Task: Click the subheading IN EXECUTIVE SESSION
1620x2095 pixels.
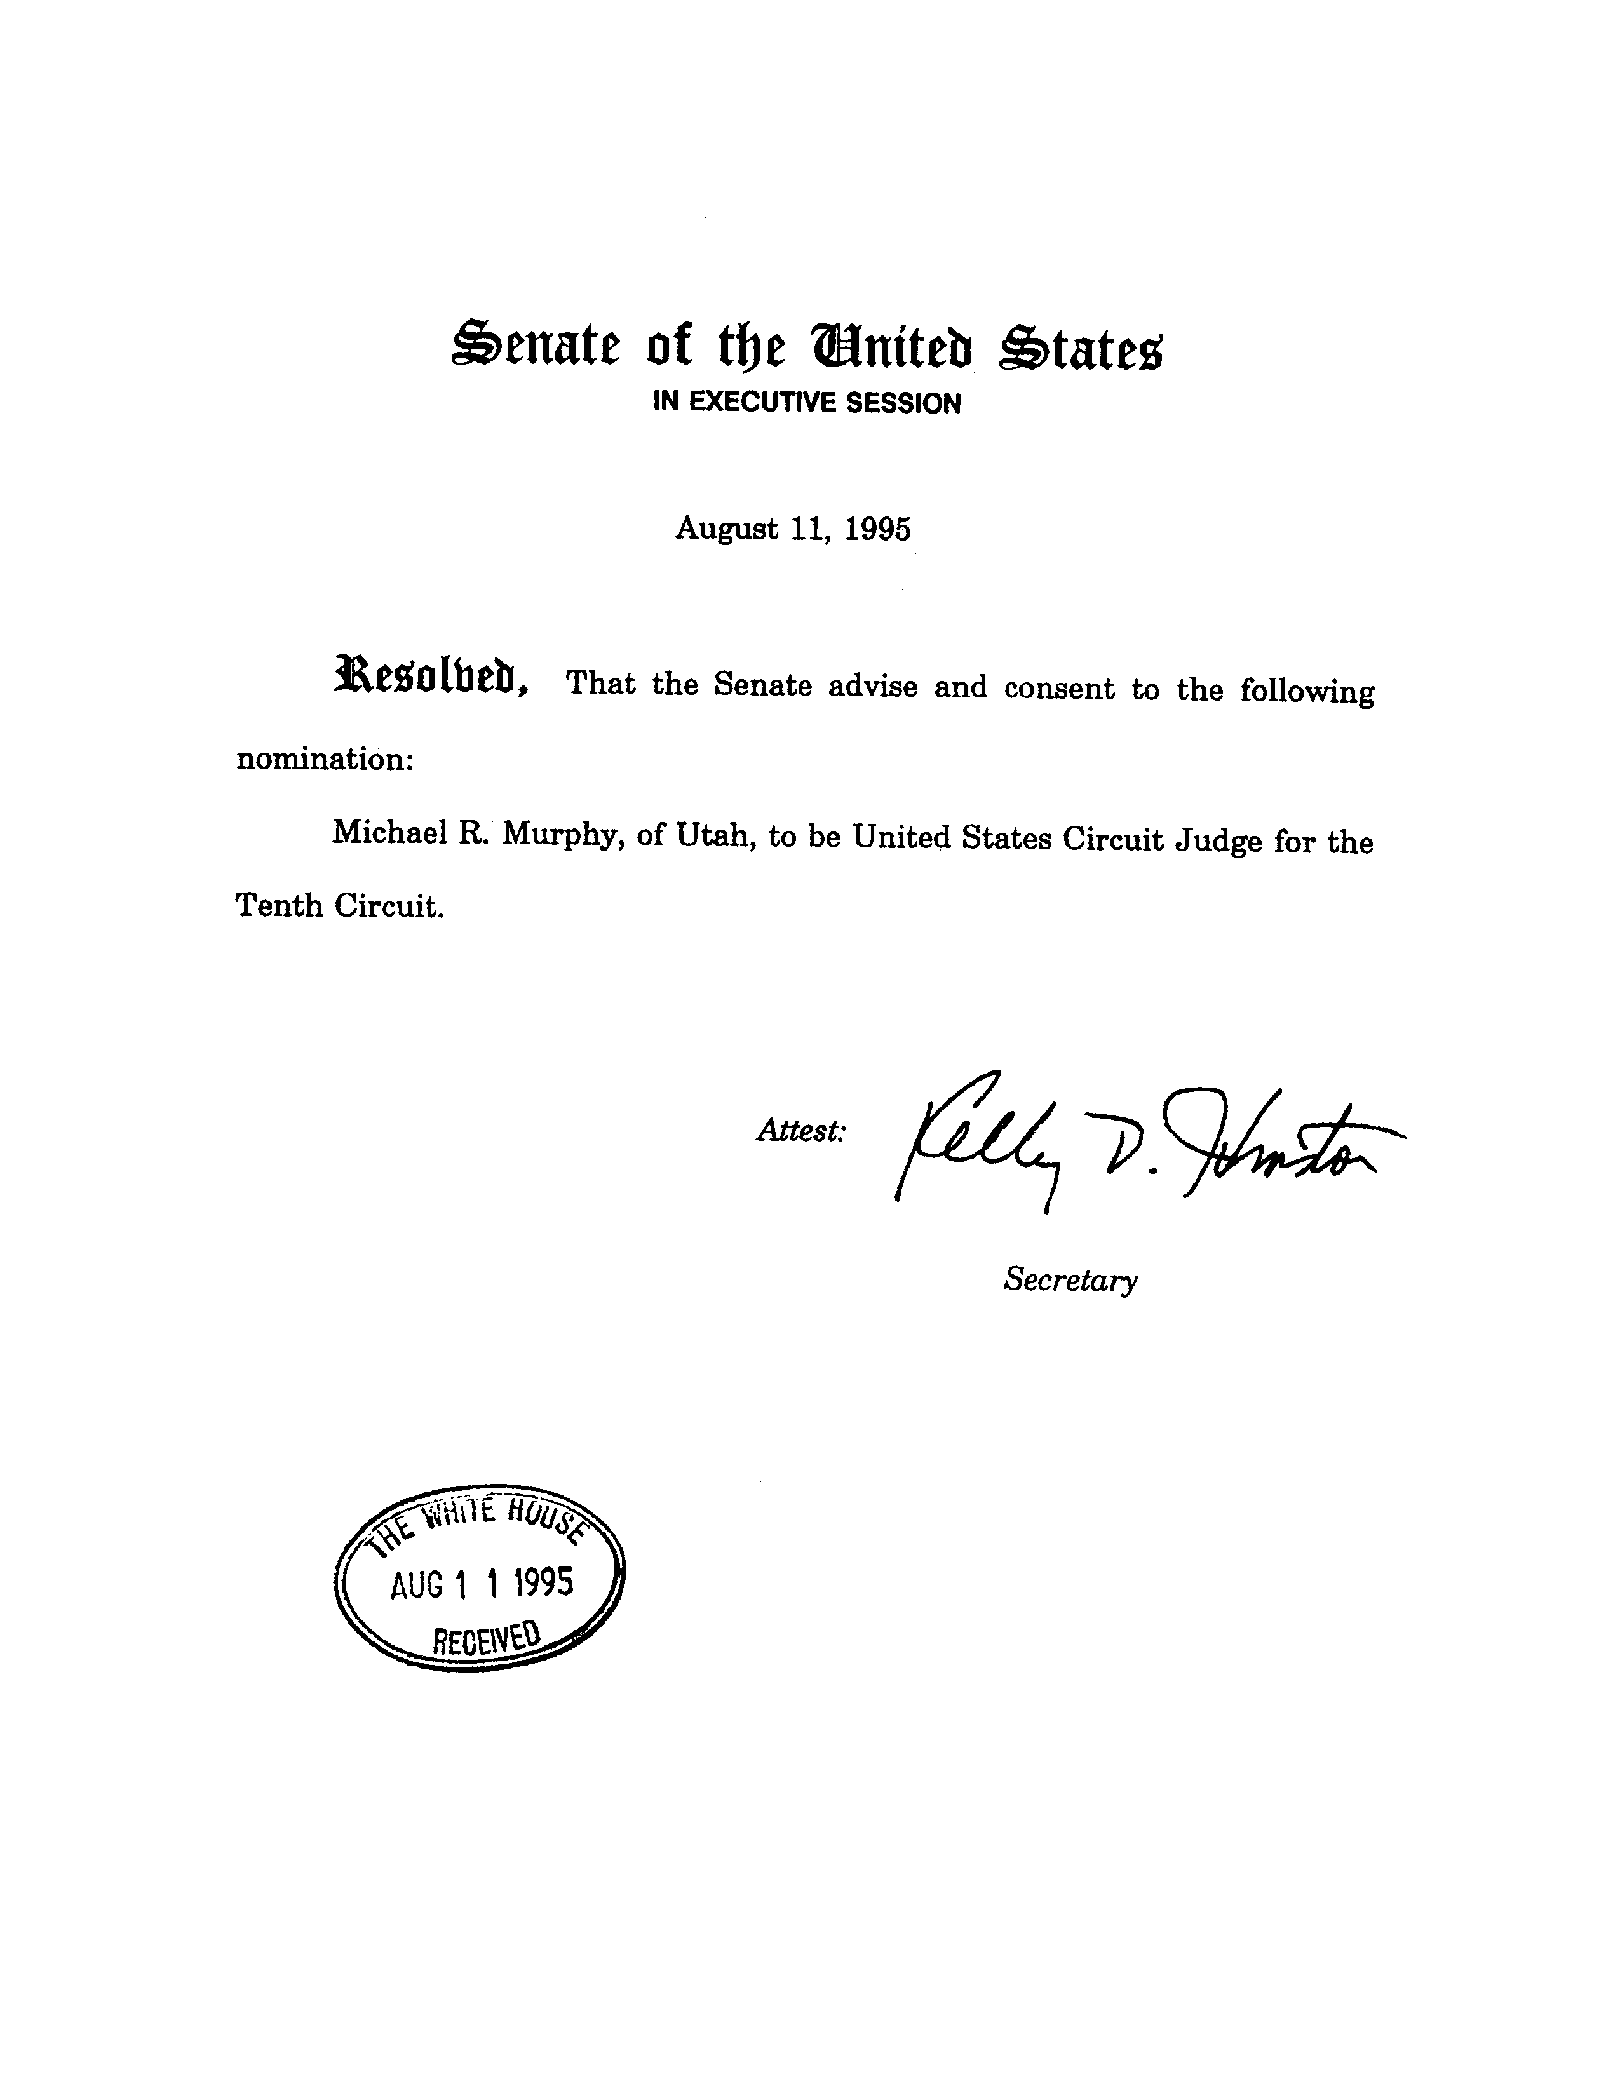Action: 807,403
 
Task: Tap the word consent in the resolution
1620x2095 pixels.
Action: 1059,689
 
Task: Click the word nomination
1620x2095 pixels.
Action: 324,758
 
